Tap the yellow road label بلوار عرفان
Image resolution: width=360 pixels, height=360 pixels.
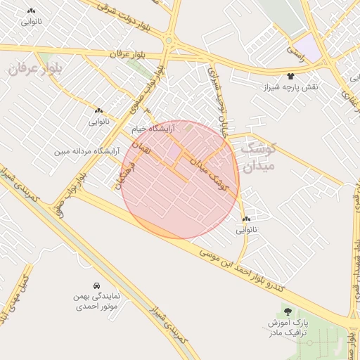coord(127,54)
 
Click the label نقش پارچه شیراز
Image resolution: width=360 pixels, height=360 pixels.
coord(291,86)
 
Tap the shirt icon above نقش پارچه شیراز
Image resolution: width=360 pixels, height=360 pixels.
coord(290,75)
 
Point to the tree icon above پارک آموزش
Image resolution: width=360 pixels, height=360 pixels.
coord(286,310)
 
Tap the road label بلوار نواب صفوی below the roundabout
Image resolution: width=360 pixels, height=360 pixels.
coord(147,91)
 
